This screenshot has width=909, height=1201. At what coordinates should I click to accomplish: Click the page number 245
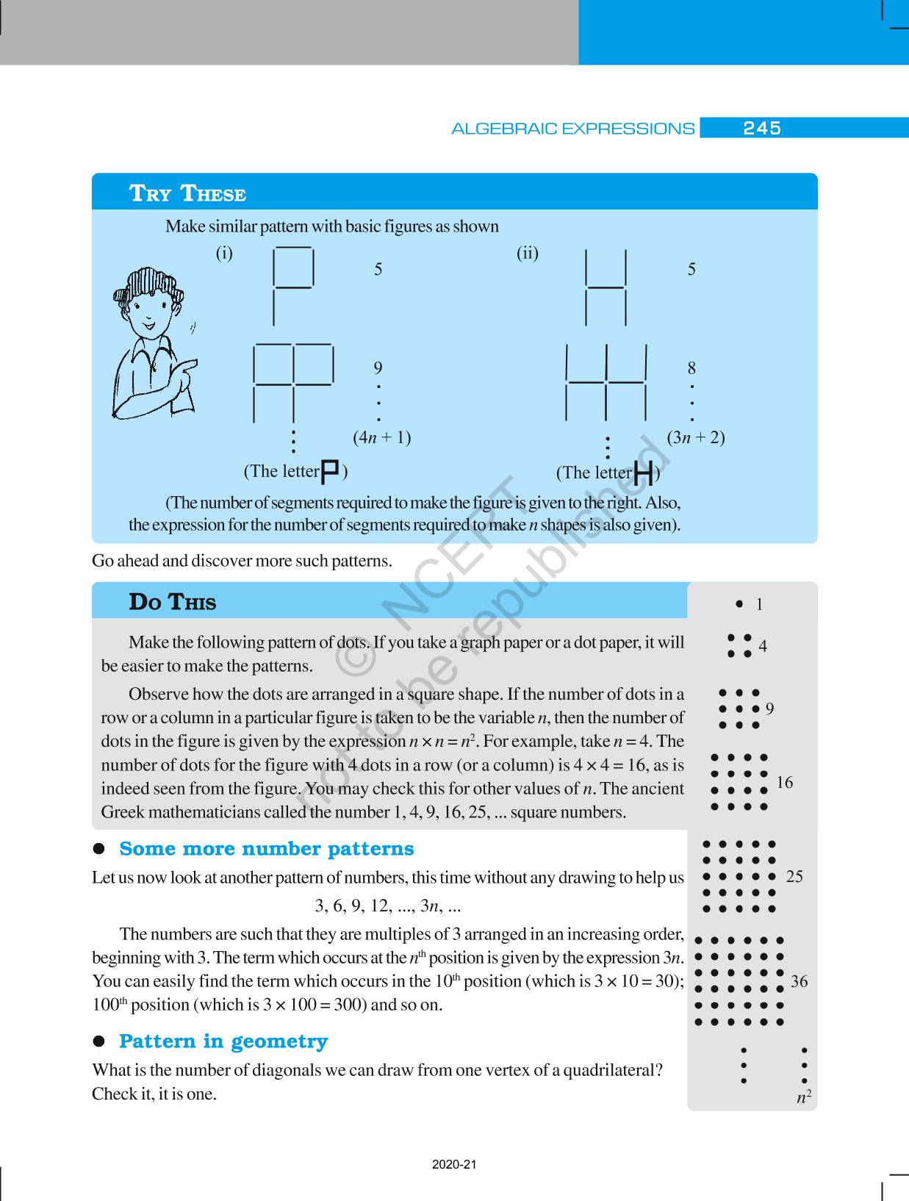coord(761,129)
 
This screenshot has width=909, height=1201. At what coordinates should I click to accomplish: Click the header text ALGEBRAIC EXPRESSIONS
coord(572,129)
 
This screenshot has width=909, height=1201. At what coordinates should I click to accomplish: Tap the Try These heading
coord(187,193)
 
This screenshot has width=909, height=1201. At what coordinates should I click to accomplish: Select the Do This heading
coord(173,602)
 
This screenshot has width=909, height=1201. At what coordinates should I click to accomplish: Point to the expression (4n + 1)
coord(381,437)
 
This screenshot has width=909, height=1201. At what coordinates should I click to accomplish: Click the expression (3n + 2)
coord(695,437)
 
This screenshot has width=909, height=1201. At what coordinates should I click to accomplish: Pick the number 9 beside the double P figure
coord(378,368)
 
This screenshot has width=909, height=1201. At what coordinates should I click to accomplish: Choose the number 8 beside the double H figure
coord(691,368)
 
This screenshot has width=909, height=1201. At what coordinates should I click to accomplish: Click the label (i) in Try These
coord(224,254)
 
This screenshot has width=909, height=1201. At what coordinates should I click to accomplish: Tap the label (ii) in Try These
coord(527,254)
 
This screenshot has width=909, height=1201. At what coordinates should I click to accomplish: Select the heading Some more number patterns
coord(266,849)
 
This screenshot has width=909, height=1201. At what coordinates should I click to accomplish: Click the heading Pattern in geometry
coord(223,1042)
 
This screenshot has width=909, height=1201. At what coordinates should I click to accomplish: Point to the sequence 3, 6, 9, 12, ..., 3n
coord(387,906)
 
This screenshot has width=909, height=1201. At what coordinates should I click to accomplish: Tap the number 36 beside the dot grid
coord(799,981)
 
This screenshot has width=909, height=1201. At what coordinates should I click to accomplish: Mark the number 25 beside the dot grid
coord(794,876)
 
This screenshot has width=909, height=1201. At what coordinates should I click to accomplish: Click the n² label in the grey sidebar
coord(804,1097)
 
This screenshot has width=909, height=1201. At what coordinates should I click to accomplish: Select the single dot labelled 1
coord(739,604)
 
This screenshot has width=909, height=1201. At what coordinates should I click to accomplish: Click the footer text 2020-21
coord(454,1164)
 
